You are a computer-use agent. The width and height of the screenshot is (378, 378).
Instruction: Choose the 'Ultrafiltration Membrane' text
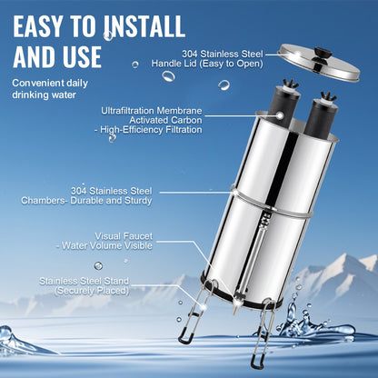pos(153,111)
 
